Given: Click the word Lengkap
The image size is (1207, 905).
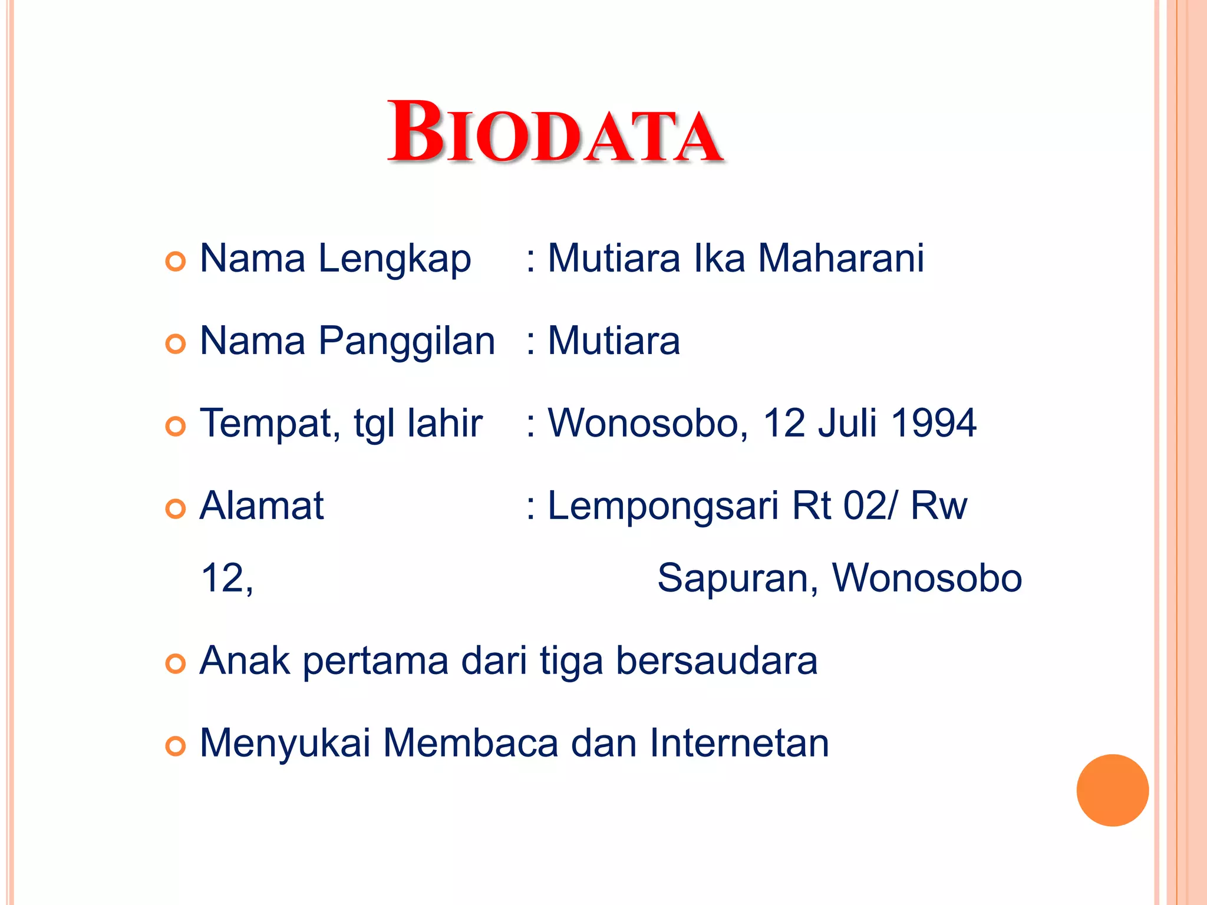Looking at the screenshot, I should point(394,259).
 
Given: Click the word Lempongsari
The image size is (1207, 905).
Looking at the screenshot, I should point(664,507).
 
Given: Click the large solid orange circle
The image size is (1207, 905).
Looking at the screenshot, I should point(1112,790).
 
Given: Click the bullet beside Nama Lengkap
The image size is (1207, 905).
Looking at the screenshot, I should point(176,261).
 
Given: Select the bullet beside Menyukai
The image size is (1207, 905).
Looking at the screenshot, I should point(176,746).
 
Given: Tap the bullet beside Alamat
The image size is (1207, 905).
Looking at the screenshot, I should point(176,508).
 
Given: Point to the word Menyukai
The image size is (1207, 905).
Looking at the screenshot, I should point(285,744).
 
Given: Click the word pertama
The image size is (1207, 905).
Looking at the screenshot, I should point(375,661).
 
